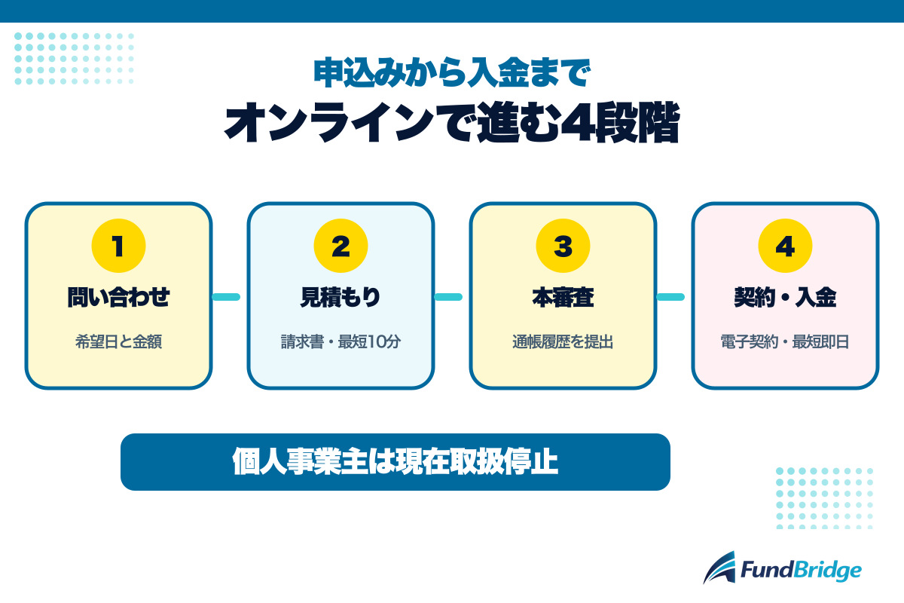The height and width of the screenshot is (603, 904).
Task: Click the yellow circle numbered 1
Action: tap(119, 246)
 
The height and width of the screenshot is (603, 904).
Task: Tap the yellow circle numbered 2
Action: tap(341, 246)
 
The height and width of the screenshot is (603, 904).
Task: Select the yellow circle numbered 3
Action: tap(563, 246)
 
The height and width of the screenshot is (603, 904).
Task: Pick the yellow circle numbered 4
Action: tap(785, 246)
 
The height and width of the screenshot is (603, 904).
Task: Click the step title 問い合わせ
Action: tap(119, 297)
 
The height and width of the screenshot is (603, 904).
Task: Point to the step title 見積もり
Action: tap(341, 297)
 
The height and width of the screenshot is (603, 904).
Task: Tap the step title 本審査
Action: tap(563, 297)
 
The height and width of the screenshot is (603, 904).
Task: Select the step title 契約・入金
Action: tap(785, 297)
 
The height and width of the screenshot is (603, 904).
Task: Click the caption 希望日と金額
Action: tap(119, 341)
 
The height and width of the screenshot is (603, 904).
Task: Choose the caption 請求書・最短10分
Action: tap(341, 341)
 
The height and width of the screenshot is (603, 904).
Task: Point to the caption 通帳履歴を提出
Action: tap(563, 341)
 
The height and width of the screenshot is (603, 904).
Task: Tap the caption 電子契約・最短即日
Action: tap(785, 341)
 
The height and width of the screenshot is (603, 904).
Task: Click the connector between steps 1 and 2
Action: tap(226, 297)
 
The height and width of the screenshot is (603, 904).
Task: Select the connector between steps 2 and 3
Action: tap(448, 297)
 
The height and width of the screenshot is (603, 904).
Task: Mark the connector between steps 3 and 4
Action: tap(670, 297)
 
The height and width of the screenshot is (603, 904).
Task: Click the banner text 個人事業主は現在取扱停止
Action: tap(395, 461)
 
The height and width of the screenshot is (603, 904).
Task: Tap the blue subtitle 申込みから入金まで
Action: tap(452, 72)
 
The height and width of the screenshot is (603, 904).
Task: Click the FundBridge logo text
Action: tap(801, 570)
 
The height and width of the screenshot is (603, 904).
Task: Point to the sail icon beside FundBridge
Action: tap(719, 568)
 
